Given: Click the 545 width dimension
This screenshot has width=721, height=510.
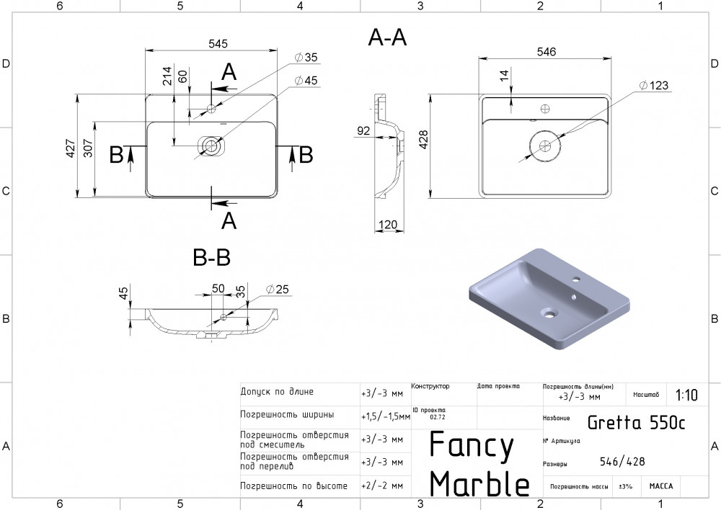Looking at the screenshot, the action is (218, 44).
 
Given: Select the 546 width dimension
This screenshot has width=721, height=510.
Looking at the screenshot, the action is (547, 52).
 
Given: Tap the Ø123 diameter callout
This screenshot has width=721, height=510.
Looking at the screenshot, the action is (653, 86).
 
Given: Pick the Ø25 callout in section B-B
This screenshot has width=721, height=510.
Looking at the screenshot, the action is (278, 289).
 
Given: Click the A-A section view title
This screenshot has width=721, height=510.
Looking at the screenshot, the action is (387, 37).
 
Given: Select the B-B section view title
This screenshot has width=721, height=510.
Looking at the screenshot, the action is (211, 257).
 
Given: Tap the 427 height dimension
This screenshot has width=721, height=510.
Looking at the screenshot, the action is (71, 148).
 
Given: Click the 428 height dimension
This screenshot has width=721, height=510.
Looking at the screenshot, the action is (423, 140).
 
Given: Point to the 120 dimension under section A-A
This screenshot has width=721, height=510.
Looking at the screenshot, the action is (388, 225).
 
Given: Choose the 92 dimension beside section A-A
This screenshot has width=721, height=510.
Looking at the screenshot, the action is (363, 131).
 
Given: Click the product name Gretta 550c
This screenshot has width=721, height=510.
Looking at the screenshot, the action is (636, 422).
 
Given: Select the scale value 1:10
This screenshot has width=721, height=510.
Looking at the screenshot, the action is (686, 395).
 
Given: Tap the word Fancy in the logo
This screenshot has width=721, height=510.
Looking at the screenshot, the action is (472, 445).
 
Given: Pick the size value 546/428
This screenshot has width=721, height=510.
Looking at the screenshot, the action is (622, 461).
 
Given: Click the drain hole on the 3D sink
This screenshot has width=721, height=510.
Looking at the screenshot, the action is (549, 314).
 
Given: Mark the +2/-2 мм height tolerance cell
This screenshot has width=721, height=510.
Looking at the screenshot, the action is (382, 486).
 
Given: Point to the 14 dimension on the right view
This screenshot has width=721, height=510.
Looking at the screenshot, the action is (505, 76).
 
